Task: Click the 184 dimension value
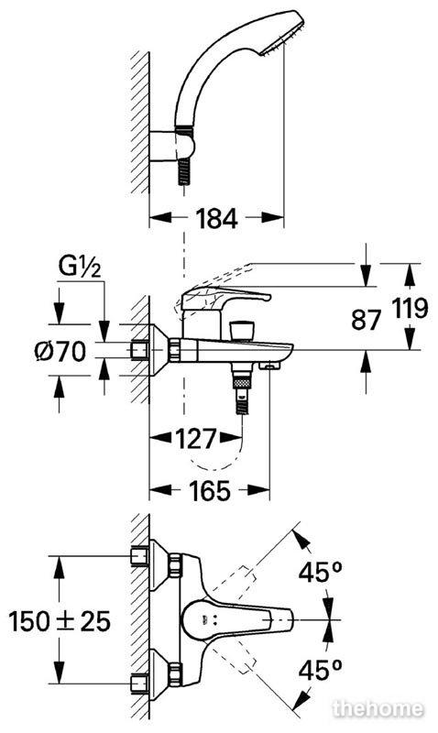tap(216, 218)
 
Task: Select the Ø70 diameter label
tap(60, 352)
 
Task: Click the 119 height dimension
tap(410, 309)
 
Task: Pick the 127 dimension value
tap(196, 439)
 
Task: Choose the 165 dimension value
tap(210, 490)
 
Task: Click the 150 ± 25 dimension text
tap(60, 621)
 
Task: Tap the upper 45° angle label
tap(321, 572)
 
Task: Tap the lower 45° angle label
tap(321, 670)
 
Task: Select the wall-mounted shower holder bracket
tap(172, 148)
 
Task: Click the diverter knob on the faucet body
tap(242, 330)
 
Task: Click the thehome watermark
tap(378, 708)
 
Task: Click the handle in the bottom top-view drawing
tap(237, 620)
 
